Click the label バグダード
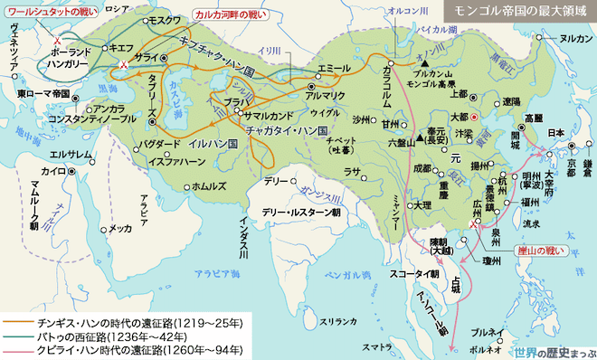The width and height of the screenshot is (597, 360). (159, 145)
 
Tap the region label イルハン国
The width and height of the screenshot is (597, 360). (213, 142)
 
